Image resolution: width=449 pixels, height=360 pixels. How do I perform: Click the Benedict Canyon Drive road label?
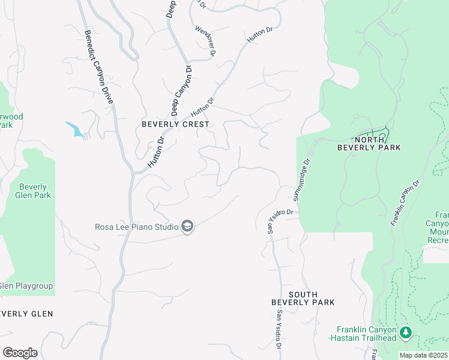click(x=99, y=68)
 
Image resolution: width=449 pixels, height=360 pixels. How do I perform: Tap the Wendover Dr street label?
click(x=205, y=41)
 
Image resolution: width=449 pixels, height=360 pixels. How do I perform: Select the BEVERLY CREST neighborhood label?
click(x=175, y=124)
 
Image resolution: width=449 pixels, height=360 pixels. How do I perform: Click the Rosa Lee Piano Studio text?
click(x=137, y=227)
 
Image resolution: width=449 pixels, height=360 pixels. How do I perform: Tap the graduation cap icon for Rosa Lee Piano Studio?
click(x=187, y=226)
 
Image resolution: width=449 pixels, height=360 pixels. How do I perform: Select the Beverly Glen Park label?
click(x=34, y=191)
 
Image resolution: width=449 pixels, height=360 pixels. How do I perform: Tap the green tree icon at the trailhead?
click(x=406, y=332)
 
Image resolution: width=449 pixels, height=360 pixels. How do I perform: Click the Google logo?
click(x=20, y=352)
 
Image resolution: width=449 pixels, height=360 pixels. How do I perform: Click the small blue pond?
click(x=74, y=129)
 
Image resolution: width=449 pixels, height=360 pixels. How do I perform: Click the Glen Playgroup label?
click(x=26, y=286)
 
